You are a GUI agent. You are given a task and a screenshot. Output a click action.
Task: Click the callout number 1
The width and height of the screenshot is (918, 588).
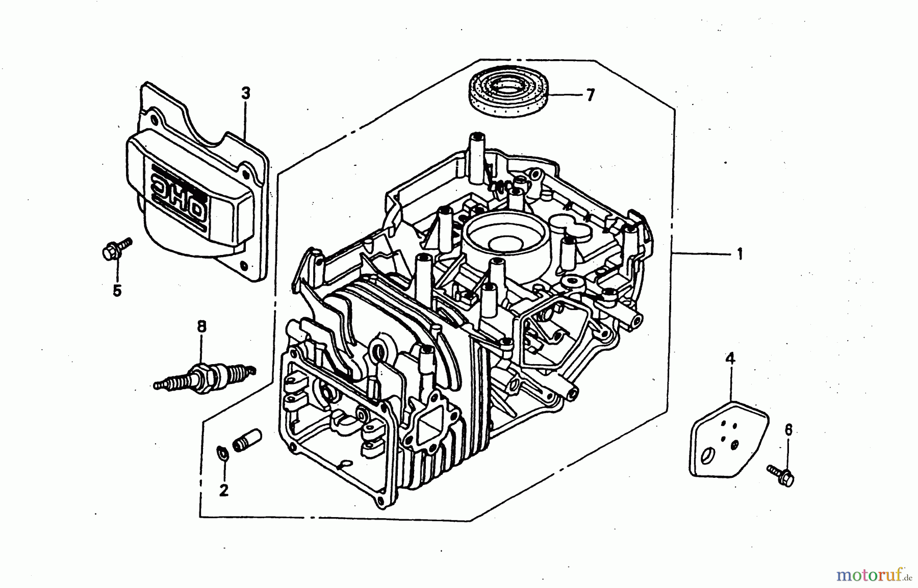[x=739, y=253]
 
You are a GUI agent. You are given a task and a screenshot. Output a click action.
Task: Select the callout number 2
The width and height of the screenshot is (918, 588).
[x=223, y=490]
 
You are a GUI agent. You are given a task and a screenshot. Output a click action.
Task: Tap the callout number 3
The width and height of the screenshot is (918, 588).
[x=246, y=94]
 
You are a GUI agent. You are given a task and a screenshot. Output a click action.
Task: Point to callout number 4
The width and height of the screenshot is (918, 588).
[x=730, y=360]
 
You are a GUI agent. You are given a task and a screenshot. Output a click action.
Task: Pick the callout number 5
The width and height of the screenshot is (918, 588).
[x=117, y=291]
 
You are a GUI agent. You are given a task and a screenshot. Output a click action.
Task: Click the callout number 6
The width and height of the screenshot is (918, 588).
[x=788, y=430]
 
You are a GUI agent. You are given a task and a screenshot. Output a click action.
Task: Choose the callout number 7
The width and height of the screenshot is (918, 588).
[x=590, y=95]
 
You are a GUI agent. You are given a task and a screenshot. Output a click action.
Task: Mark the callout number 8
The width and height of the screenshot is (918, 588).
[x=202, y=326]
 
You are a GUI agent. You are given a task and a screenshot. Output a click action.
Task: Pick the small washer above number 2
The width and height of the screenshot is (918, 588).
[x=222, y=453]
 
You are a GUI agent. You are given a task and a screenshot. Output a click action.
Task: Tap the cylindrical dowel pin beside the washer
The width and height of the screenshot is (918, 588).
[x=247, y=439]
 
